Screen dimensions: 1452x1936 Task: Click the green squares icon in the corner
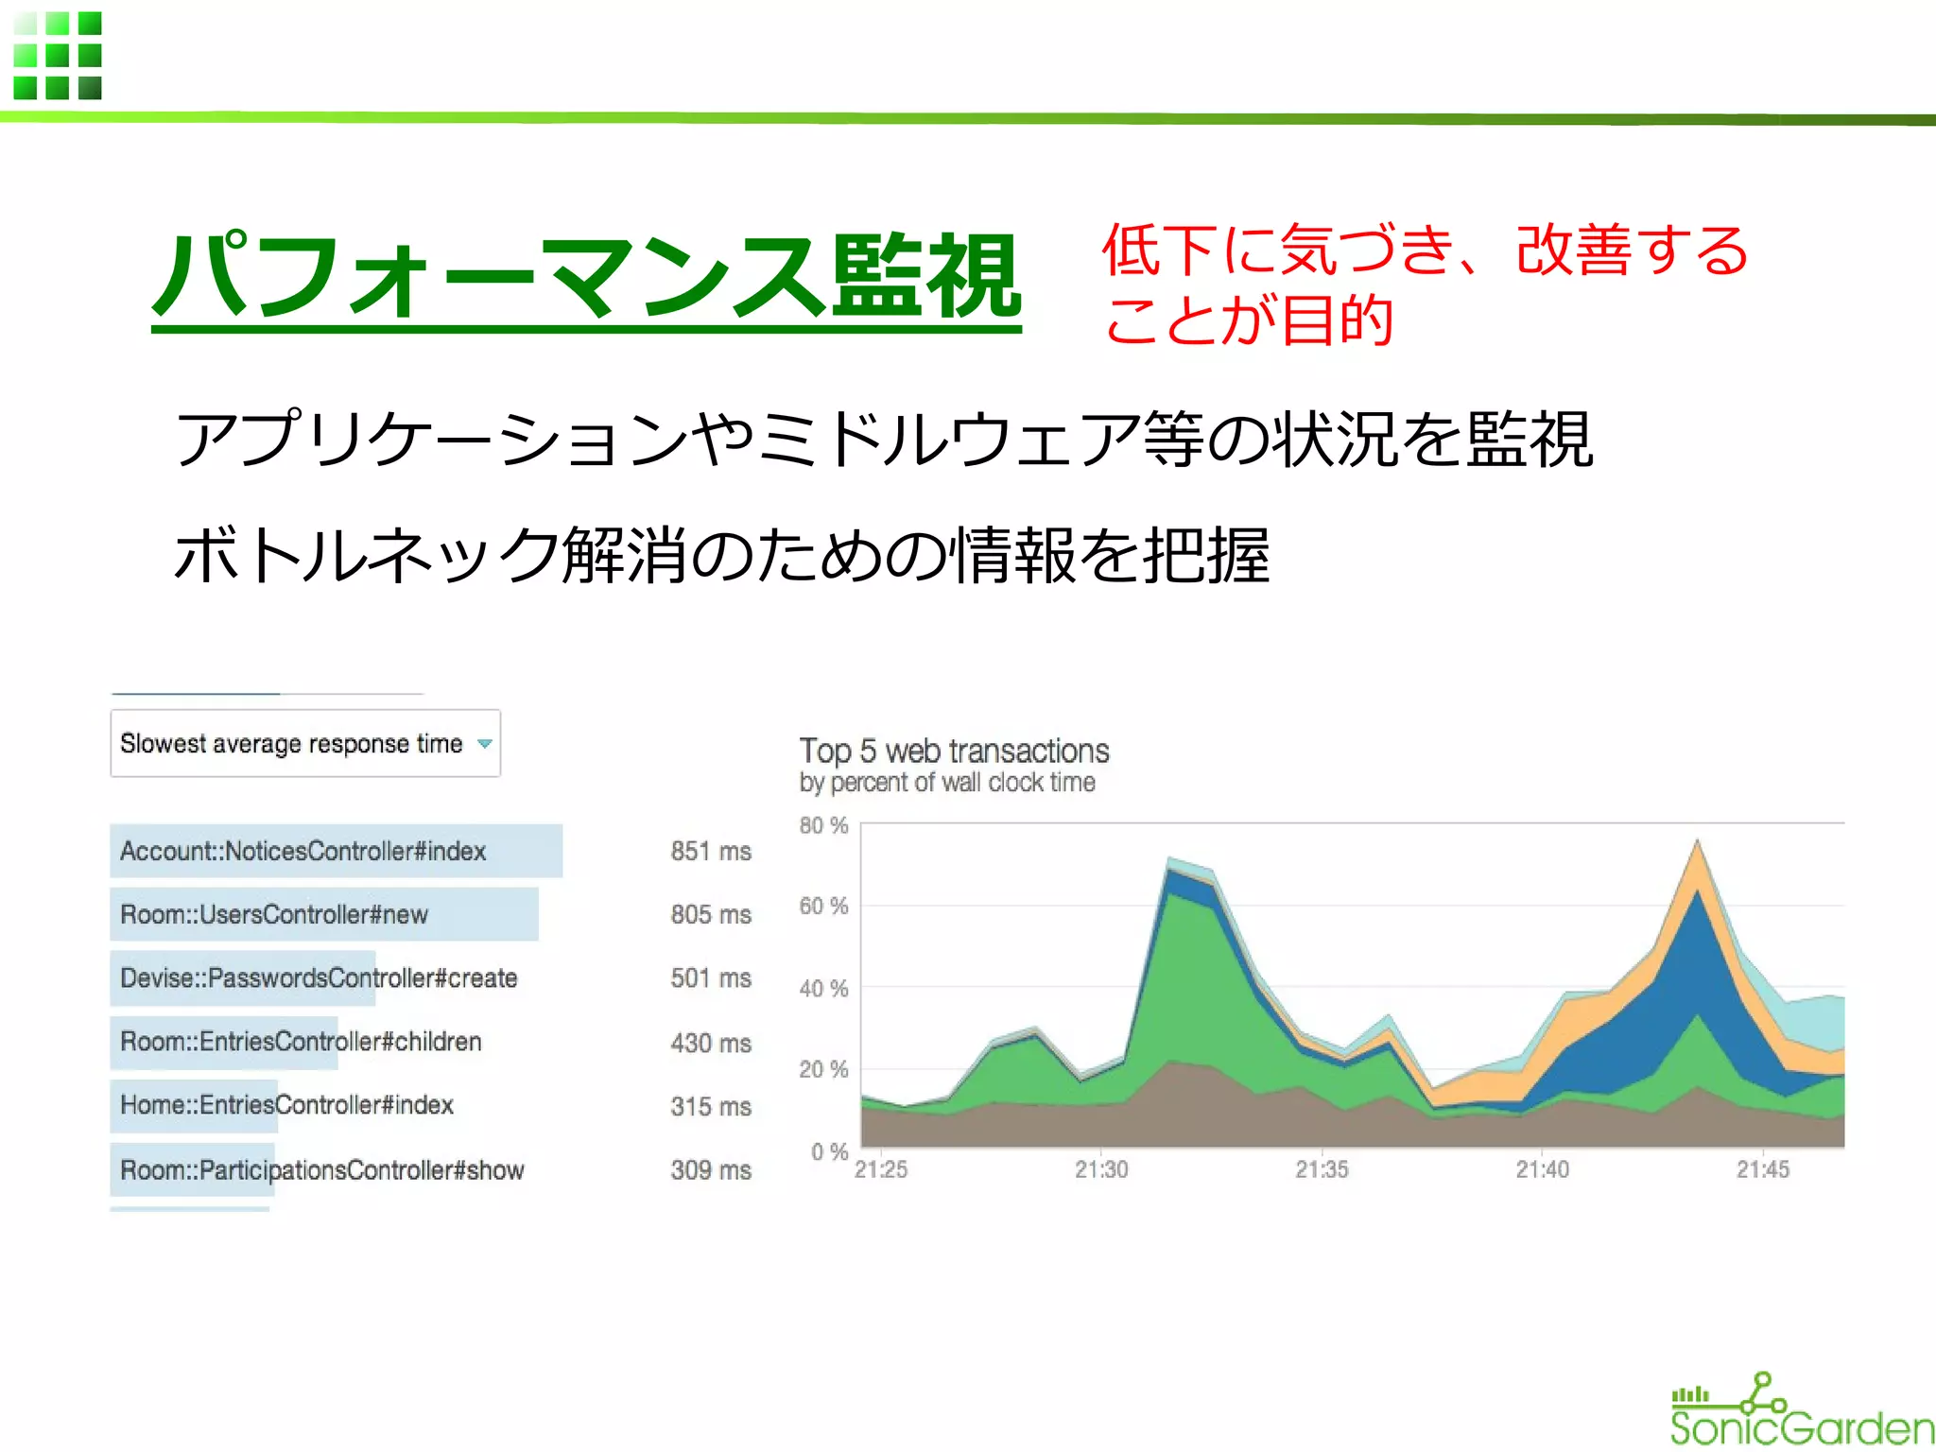(x=58, y=56)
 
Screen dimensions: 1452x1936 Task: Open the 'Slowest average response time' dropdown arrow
(x=485, y=744)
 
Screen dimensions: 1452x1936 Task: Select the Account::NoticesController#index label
(x=302, y=851)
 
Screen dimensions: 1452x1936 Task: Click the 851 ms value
(x=711, y=851)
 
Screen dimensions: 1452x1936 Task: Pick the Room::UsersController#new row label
(x=274, y=914)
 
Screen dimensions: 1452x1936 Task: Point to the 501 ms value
(x=711, y=977)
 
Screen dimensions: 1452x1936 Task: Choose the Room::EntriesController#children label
(x=301, y=1041)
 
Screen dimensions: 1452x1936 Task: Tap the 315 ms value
(x=711, y=1106)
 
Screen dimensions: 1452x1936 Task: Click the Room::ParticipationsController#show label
(x=321, y=1169)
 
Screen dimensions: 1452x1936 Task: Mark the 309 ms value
(x=711, y=1169)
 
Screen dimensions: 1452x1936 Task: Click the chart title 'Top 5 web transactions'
(x=954, y=751)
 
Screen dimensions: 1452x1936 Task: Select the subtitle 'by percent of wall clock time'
(x=947, y=783)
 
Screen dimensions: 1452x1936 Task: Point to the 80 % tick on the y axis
(x=823, y=825)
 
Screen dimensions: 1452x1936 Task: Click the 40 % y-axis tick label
(x=823, y=989)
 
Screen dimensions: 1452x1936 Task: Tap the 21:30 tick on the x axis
(x=1101, y=1169)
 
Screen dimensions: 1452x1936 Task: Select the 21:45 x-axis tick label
(x=1762, y=1169)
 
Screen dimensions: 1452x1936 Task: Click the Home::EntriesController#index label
(x=286, y=1104)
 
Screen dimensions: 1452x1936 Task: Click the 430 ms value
(x=711, y=1043)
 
